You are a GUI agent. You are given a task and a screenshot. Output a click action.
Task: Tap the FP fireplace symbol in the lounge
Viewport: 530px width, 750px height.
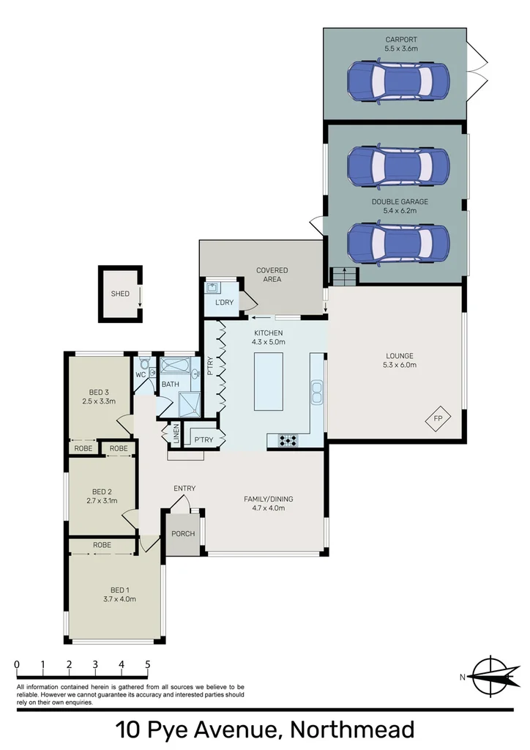coord(438,418)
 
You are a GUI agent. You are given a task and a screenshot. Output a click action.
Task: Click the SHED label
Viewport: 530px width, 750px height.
coord(119,294)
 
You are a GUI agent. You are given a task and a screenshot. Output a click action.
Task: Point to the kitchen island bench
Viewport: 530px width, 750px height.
coord(267,382)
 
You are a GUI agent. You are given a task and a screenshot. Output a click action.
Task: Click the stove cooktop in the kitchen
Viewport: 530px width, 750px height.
coord(286,439)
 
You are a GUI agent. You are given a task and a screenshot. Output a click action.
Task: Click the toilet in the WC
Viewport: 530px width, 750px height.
coord(144,363)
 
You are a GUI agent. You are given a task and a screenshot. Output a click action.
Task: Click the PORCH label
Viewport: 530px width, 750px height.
coord(183,533)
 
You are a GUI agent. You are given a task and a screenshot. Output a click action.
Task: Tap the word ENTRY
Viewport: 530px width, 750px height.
coord(184,489)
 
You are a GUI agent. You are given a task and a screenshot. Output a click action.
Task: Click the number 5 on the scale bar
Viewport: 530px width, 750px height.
coord(148,664)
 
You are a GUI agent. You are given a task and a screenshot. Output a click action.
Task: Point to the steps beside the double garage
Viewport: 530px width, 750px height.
coord(343,276)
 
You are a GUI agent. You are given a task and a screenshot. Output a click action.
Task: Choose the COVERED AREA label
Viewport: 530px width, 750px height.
coord(272,275)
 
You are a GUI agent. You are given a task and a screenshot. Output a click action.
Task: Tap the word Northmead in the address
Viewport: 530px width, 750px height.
coord(352,729)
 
